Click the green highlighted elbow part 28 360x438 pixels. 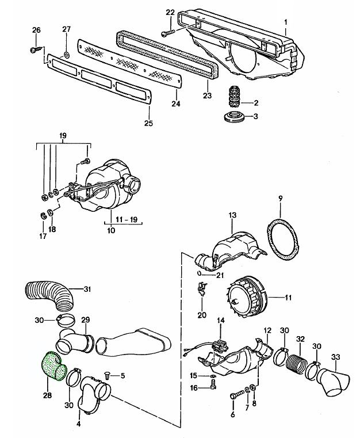pos(53,366)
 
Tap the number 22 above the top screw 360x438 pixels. pos(170,12)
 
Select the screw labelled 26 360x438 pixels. pos(36,49)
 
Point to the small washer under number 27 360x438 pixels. pos(66,55)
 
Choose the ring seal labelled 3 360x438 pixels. pos(235,116)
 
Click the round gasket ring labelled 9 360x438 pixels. pos(283,241)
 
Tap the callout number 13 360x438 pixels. pos(232,215)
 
